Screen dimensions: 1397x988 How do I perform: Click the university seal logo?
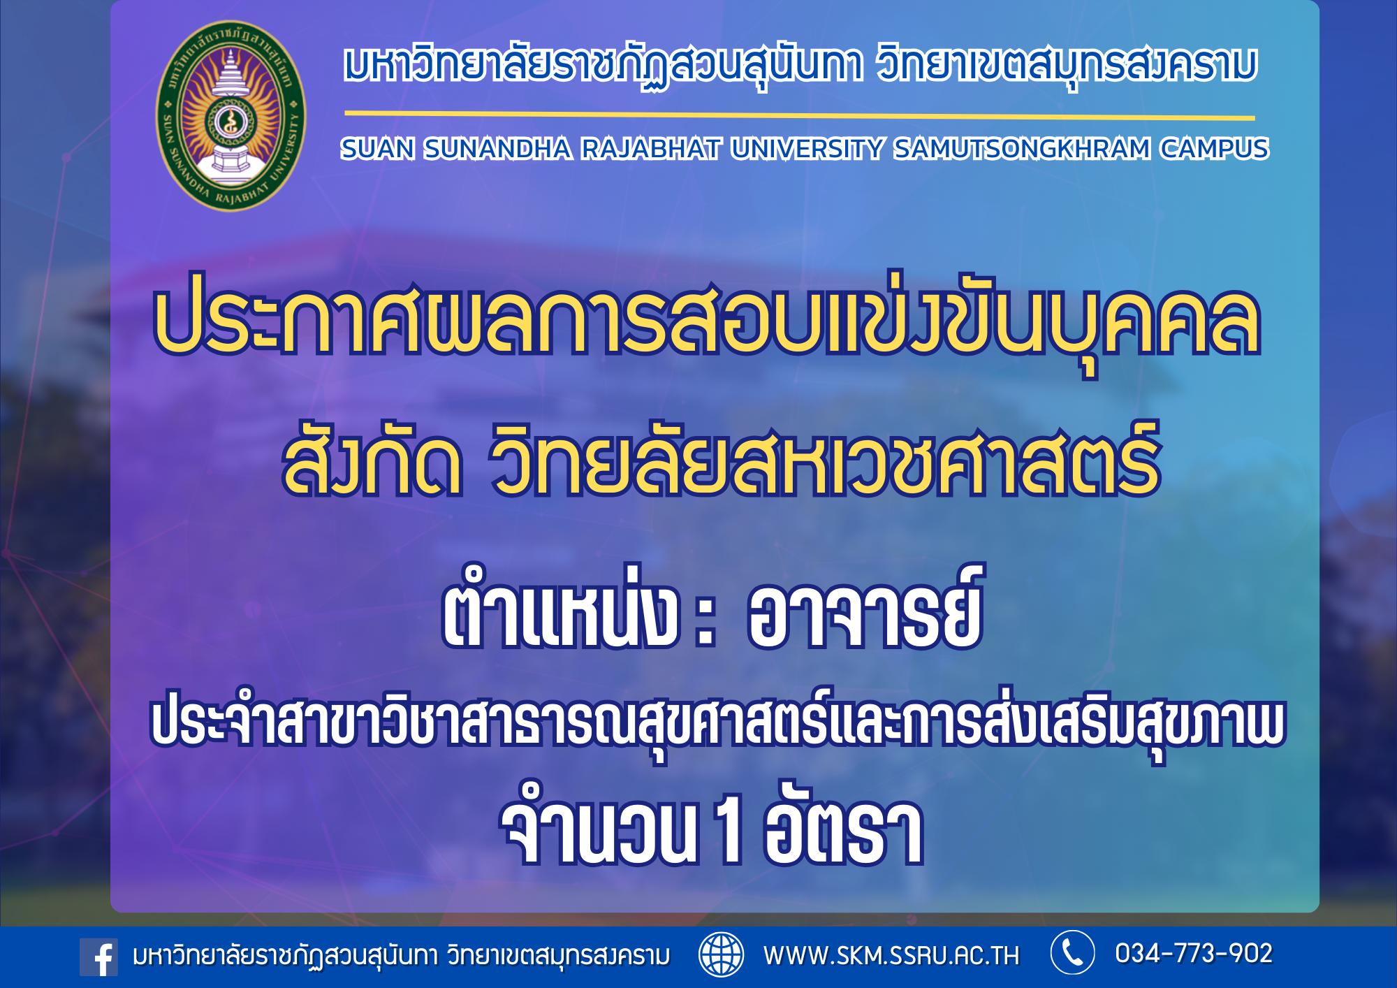[231, 115]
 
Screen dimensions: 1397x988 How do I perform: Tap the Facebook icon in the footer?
[98, 957]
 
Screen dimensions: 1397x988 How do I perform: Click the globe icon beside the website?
[721, 954]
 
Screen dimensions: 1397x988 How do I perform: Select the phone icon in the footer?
[1072, 952]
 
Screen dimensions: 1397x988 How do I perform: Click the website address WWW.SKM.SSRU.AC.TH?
[891, 955]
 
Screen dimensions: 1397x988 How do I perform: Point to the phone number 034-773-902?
[1194, 953]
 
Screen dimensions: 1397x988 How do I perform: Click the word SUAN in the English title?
[377, 149]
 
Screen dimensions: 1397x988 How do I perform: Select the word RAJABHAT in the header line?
[651, 149]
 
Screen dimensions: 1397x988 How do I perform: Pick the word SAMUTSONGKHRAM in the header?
[1022, 149]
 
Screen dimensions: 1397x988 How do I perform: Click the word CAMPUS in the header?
[1215, 149]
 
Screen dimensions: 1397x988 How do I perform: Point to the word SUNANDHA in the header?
[497, 149]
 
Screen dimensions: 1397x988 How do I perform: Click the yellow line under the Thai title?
[800, 115]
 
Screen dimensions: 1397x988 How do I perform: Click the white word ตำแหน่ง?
[560, 608]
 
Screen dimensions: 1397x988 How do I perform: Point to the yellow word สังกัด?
[372, 460]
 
